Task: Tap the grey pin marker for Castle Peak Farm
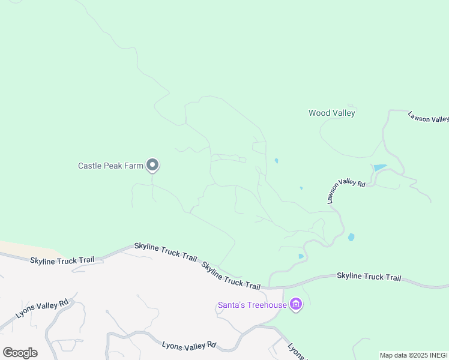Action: pyautogui.click(x=152, y=164)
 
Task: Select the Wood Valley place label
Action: pyautogui.click(x=332, y=113)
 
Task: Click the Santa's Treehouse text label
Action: pyautogui.click(x=252, y=305)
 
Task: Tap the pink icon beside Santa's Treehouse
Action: pyautogui.click(x=295, y=305)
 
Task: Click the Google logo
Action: pyautogui.click(x=20, y=352)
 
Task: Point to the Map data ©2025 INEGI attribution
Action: pyautogui.click(x=414, y=355)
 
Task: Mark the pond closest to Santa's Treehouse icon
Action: pyautogui.click(x=301, y=256)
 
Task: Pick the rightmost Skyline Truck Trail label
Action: pyautogui.click(x=369, y=277)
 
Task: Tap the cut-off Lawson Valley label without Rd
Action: pyautogui.click(x=427, y=117)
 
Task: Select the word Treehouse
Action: pyautogui.click(x=269, y=305)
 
